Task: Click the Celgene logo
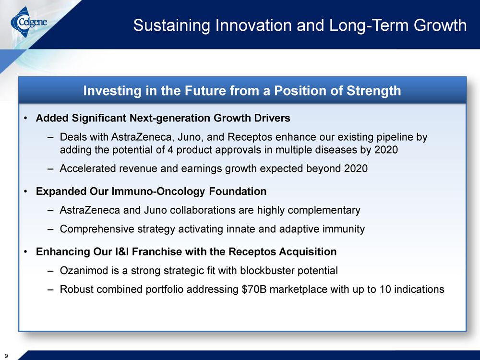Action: tap(29, 22)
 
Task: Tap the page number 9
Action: tap(6, 356)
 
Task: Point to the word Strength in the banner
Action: tap(373, 91)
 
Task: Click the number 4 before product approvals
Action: tap(170, 150)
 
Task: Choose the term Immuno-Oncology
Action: tap(158, 192)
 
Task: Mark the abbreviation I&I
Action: tap(122, 252)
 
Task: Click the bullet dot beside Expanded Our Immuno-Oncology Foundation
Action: tap(26, 192)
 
